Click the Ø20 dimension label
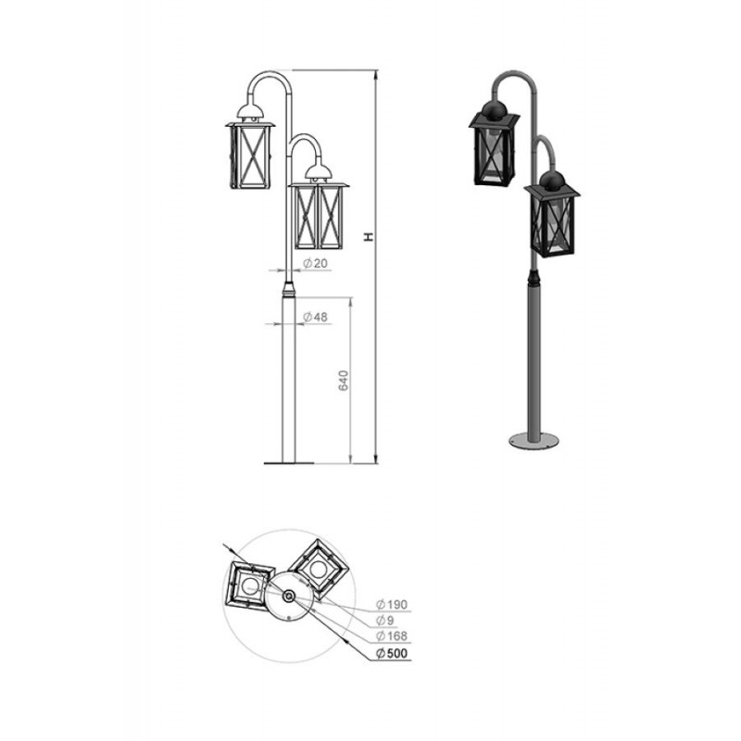coord(315,263)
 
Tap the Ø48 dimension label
coord(315,317)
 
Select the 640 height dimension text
coord(344,381)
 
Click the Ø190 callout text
coord(392,604)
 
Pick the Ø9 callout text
coord(385,620)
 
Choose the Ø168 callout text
coord(392,636)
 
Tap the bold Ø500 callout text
coord(392,654)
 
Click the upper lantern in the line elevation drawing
coord(250,146)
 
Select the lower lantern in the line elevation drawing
coord(320,207)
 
